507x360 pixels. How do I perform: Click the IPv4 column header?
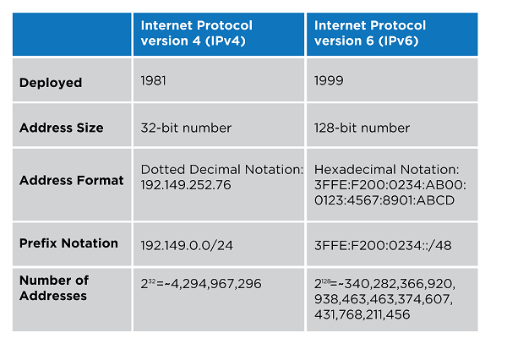197,33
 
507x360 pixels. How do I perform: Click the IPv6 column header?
370,33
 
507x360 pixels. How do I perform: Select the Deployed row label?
51,83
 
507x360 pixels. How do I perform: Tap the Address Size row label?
62,128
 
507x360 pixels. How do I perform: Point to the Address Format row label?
72,180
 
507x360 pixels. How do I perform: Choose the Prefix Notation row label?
68,243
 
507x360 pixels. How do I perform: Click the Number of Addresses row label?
54,288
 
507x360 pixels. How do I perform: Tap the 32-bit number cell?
186,128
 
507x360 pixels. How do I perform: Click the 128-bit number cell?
363,128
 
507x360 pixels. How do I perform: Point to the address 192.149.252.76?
186,184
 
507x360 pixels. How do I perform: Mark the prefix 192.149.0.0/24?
186,244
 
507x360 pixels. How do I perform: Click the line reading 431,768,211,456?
363,314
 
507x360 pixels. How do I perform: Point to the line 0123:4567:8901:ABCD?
383,199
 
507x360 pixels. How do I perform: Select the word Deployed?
51,83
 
